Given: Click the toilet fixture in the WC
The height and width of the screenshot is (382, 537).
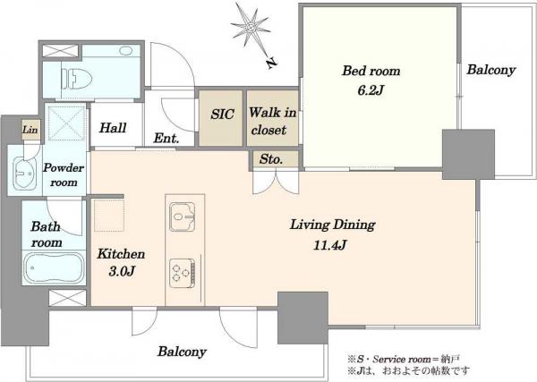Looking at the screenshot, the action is [77, 79].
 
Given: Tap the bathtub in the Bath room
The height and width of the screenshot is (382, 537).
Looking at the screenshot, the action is [54, 267].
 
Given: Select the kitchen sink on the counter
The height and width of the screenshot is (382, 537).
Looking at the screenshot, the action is [183, 216].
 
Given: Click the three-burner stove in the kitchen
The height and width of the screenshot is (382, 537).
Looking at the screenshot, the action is [183, 273].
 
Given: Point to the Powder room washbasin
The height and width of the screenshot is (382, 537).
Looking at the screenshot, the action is [25, 174].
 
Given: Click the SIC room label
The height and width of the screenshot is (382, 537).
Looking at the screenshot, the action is [222, 114].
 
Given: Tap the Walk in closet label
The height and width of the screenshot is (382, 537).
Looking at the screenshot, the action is [273, 121].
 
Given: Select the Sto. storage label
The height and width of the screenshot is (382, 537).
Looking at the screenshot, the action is [271, 159].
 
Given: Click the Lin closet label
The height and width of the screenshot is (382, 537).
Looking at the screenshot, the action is [30, 130].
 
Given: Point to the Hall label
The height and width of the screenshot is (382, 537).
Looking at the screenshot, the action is [113, 128].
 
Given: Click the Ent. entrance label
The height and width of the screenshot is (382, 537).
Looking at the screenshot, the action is [166, 138].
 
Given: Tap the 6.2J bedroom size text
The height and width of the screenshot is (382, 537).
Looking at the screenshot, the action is [371, 90].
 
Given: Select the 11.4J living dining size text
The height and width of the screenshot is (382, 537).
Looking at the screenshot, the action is [330, 245].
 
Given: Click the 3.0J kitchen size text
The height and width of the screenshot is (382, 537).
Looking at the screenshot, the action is [122, 271].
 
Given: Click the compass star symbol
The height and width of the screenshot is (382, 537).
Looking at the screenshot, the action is [250, 28].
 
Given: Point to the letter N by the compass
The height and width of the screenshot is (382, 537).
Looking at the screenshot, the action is [271, 63].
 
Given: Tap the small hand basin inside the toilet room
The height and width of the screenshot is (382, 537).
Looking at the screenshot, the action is [126, 51].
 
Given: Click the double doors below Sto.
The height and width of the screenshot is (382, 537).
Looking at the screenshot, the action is [276, 183].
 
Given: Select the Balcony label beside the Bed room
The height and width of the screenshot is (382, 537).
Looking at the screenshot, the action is [491, 70].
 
